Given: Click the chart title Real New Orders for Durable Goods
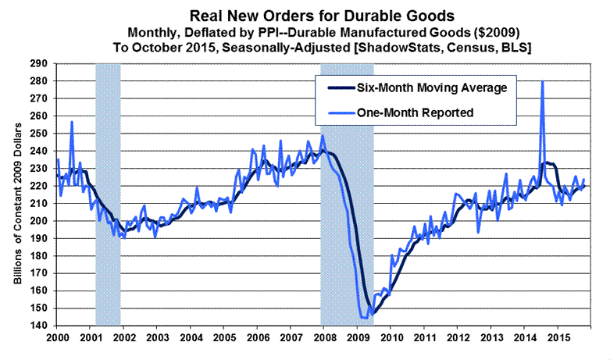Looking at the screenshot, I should [305, 13].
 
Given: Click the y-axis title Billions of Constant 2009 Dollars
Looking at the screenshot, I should [17, 195].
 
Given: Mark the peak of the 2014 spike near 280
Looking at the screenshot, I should [542, 82].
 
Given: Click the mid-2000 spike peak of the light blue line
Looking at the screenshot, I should [72, 122].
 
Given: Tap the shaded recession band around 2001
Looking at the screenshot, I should [108, 195].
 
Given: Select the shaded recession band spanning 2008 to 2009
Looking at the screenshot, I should [347, 195].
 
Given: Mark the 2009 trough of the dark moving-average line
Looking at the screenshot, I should [374, 312].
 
